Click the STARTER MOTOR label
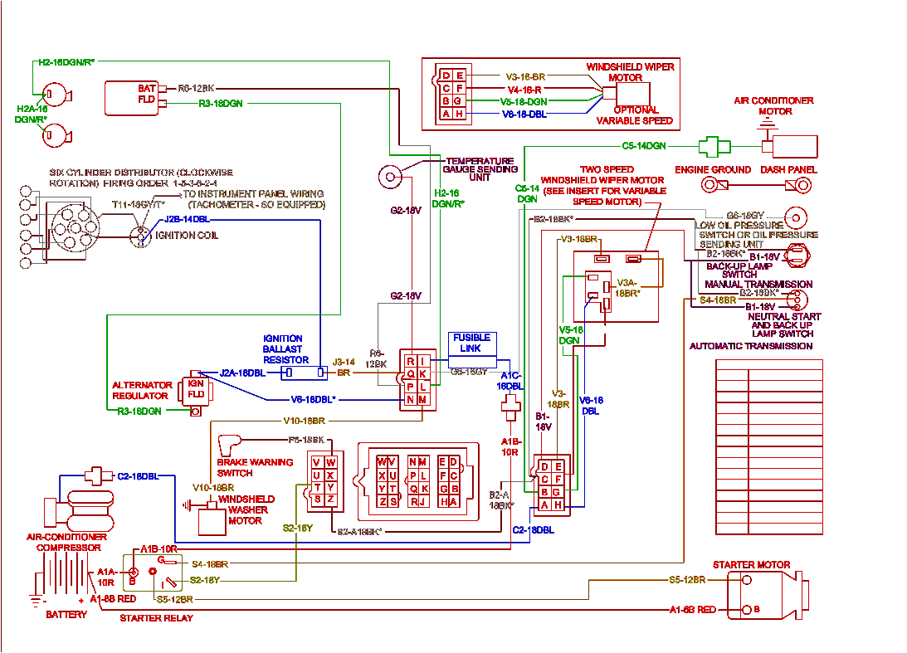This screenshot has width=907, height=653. click(751, 565)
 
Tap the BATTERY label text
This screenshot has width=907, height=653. click(66, 615)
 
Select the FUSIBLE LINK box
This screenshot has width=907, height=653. click(471, 344)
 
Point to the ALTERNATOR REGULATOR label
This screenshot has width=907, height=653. click(142, 390)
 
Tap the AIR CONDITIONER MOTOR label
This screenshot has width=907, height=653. click(773, 105)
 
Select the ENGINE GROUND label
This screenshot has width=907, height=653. click(712, 169)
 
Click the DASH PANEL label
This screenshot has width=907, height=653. click(788, 169)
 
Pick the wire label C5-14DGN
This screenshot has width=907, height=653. click(644, 146)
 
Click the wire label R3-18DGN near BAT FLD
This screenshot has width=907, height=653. click(221, 104)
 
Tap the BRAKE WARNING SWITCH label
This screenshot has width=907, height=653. click(255, 467)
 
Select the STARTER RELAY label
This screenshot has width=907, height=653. click(156, 618)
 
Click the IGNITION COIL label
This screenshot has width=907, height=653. click(187, 236)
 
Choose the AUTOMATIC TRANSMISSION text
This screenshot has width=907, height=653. click(751, 346)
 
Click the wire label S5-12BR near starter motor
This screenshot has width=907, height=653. click(687, 579)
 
